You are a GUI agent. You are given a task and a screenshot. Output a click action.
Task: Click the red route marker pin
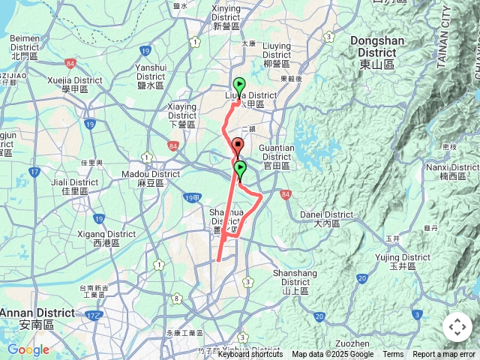[238, 146]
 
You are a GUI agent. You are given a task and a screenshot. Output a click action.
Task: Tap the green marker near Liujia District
[239, 85]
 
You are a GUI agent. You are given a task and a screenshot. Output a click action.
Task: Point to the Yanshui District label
[150, 71]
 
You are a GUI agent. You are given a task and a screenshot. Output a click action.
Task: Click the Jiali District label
[74, 186]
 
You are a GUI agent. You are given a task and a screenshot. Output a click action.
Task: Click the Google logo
[28, 349]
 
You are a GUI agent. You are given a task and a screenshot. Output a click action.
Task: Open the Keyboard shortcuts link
[250, 355]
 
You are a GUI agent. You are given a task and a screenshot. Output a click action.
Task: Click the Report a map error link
[444, 355]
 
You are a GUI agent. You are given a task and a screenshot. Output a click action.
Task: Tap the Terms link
[393, 355]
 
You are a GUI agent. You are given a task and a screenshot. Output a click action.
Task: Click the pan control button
[457, 327]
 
